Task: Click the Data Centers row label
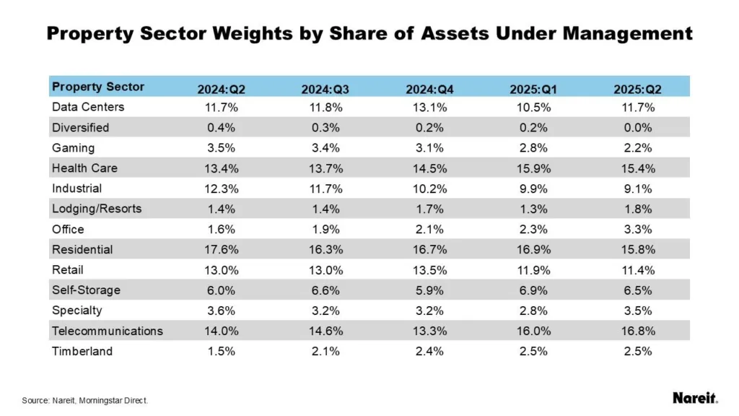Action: pos(88,107)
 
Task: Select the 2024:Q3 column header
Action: pos(325,90)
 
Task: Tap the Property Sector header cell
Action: pos(98,87)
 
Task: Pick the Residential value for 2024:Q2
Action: pos(222,250)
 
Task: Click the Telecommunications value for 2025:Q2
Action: pos(637,331)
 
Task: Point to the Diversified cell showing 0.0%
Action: pos(637,128)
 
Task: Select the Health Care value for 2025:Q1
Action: pos(533,168)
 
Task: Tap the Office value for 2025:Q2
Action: pos(637,230)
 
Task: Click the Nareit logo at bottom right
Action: pos(695,398)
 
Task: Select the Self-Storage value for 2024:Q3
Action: pos(325,290)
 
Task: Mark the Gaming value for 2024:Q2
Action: pos(222,148)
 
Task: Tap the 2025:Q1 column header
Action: pos(533,90)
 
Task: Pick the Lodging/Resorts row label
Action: pos(97,209)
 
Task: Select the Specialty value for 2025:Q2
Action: pos(637,311)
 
